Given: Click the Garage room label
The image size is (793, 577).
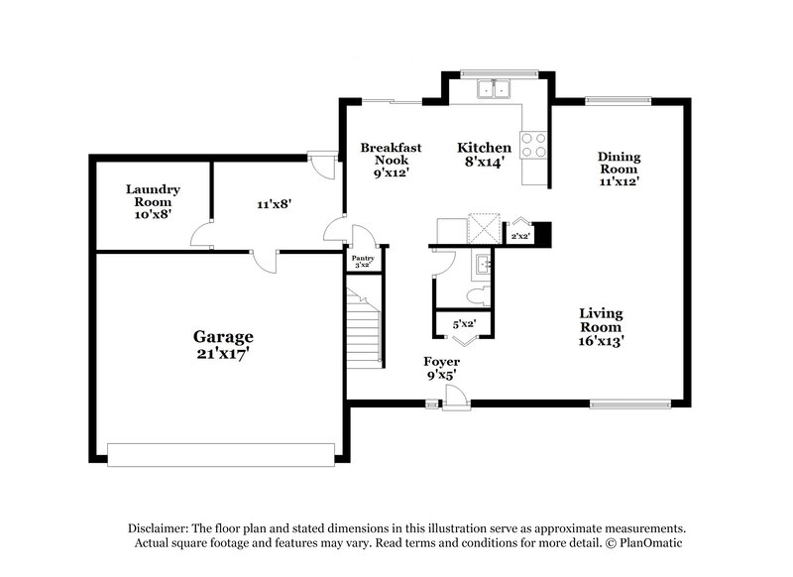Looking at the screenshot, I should coord(223,336).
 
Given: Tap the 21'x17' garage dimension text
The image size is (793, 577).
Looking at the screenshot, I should coord(223,353).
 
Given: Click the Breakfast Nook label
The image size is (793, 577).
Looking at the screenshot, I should coord(385,153).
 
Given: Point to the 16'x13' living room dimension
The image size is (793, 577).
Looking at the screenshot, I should coord(602,340).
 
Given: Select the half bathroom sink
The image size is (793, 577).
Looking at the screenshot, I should coord(483,264).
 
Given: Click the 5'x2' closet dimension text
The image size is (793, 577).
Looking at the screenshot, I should coord(464,324).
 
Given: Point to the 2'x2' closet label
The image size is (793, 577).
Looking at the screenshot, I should coord(519,236).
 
